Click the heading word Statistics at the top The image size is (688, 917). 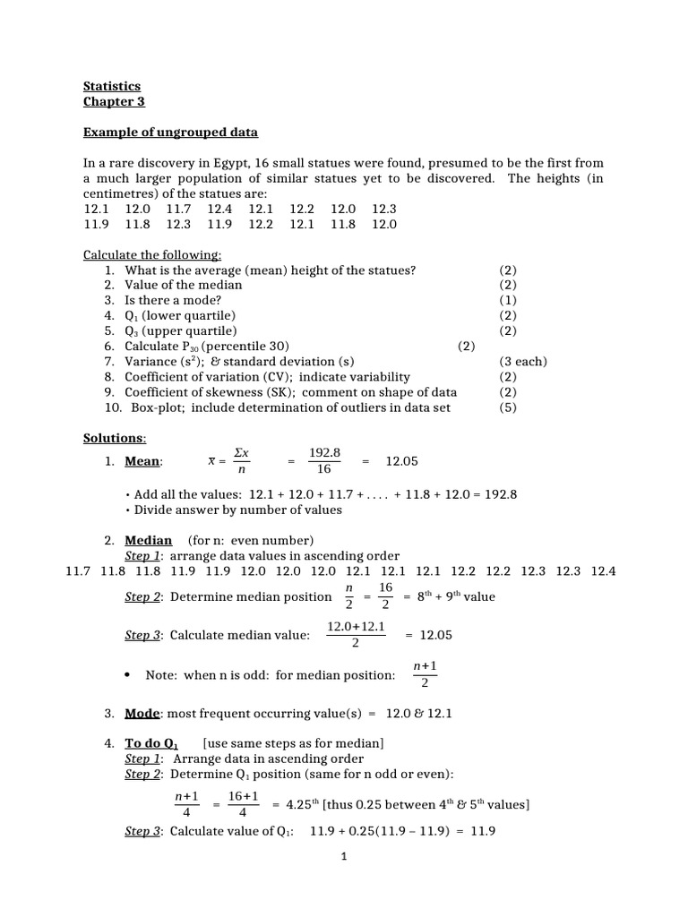point(112,87)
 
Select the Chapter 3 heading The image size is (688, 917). point(114,101)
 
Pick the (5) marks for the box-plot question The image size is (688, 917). point(508,407)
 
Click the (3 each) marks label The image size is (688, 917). point(523,362)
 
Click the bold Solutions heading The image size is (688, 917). point(114,438)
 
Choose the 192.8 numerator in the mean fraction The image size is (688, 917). point(324,453)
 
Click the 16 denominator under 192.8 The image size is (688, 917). point(324,468)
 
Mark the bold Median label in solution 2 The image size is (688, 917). point(148,540)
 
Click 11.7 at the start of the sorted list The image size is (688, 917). point(80,571)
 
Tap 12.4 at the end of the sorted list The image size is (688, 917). point(603,571)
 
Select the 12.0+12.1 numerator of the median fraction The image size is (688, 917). point(357,627)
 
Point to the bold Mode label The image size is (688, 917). point(142,714)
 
